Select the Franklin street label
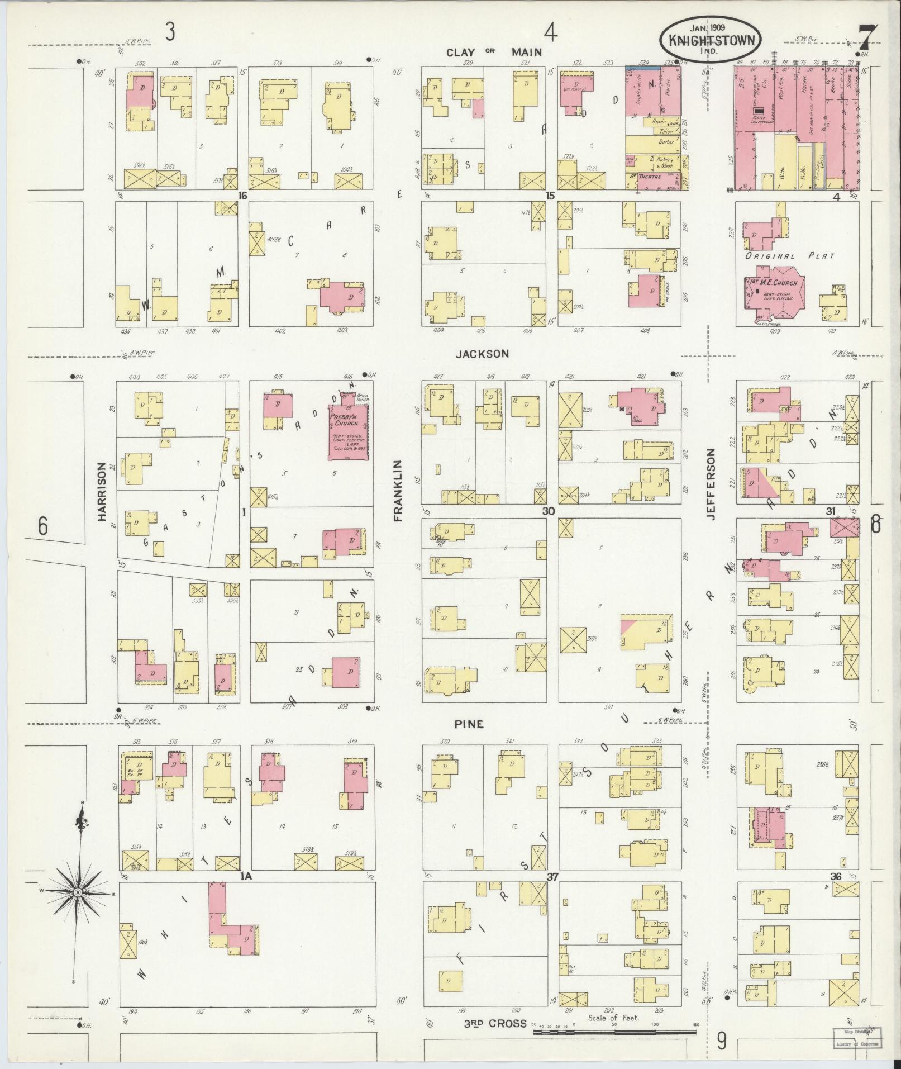pyautogui.click(x=398, y=491)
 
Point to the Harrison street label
pyautogui.click(x=102, y=492)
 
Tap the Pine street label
pyautogui.click(x=468, y=724)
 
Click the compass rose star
pyautogui.click(x=78, y=892)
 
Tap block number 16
pyautogui.click(x=242, y=196)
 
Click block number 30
pyautogui.click(x=548, y=511)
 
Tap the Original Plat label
pyautogui.click(x=790, y=256)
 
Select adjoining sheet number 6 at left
pyautogui.click(x=42, y=526)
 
